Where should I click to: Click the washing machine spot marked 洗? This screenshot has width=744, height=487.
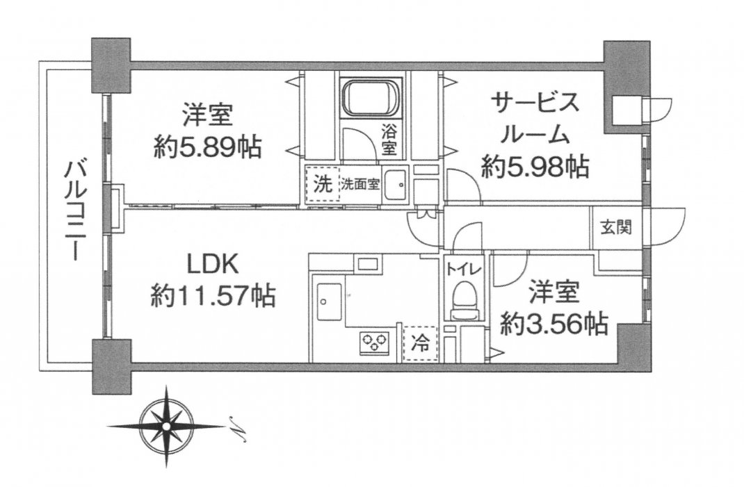pyautogui.click(x=323, y=185)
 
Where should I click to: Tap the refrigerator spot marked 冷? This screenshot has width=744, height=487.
pyautogui.click(x=420, y=344)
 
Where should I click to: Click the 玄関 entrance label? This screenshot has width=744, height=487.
pyautogui.click(x=616, y=228)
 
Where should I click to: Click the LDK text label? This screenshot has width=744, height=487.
pyautogui.click(x=212, y=267)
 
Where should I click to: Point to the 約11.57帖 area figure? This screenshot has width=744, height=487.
pyautogui.click(x=213, y=297)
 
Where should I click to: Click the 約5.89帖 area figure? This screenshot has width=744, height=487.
pyautogui.click(x=207, y=149)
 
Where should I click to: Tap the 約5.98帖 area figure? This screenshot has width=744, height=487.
pyautogui.click(x=535, y=167)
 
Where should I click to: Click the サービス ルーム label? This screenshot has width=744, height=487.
pyautogui.click(x=535, y=119)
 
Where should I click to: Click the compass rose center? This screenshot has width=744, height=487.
pyautogui.click(x=166, y=426)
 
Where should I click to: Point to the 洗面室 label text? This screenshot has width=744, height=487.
pyautogui.click(x=360, y=184)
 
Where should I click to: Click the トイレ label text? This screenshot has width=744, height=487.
pyautogui.click(x=463, y=269)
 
